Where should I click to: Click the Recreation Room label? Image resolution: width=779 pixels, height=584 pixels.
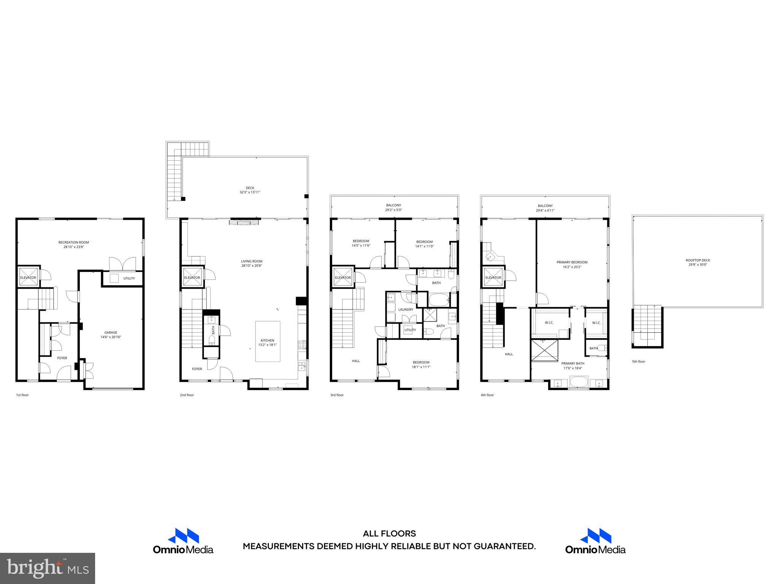pyautogui.click(x=73, y=242)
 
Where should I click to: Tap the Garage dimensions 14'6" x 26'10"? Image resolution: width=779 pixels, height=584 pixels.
pyautogui.click(x=111, y=337)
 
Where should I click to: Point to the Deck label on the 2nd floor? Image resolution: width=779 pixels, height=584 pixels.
pyautogui.click(x=250, y=188)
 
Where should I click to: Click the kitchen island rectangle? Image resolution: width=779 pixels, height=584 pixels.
pyautogui.click(x=268, y=341)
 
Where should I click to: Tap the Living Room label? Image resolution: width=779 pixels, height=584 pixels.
pyautogui.click(x=251, y=261)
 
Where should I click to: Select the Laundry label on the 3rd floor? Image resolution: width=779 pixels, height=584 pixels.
pyautogui.click(x=405, y=309)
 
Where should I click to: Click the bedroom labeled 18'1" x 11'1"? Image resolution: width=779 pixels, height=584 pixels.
pyautogui.click(x=421, y=362)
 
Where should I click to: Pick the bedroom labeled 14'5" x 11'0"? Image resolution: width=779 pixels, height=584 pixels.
pyautogui.click(x=361, y=241)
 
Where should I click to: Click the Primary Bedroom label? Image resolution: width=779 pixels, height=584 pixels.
pyautogui.click(x=572, y=262)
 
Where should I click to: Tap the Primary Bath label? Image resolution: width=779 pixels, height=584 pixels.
pyautogui.click(x=572, y=363)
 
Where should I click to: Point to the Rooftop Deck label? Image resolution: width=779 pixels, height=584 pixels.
pyautogui.click(x=698, y=260)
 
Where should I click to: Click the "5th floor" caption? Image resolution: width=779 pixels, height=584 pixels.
pyautogui.click(x=639, y=362)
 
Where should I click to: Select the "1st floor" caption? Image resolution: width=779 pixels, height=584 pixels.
pyautogui.click(x=22, y=395)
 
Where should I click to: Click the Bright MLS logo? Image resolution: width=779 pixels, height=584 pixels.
pyautogui.click(x=48, y=568)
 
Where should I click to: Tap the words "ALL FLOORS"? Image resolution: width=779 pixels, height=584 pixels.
pyautogui.click(x=389, y=534)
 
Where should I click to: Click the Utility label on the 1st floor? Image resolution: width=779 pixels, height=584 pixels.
pyautogui.click(x=129, y=278)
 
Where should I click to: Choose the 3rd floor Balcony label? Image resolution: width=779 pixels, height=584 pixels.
pyautogui.click(x=393, y=205)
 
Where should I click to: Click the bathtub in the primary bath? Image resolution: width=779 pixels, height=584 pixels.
pyautogui.click(x=579, y=382)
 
